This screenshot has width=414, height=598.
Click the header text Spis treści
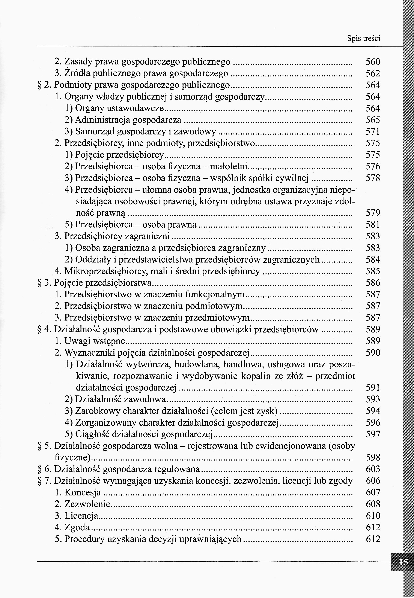point(363,39)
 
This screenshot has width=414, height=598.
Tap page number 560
point(373,62)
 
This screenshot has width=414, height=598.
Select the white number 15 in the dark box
point(404,562)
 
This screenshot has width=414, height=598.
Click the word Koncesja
point(83,492)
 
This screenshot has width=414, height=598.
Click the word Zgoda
point(77,527)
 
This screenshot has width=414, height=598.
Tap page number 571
point(373,131)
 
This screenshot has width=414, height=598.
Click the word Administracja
point(102,120)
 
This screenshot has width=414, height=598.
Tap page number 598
point(373,457)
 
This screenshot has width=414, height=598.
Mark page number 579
point(373,213)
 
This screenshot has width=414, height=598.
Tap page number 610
point(373,516)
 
